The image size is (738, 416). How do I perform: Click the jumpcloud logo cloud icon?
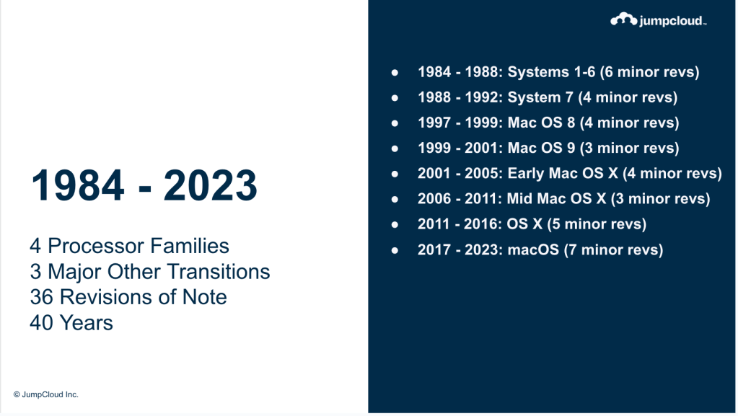[x=623, y=19]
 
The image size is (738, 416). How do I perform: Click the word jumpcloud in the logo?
[x=672, y=21]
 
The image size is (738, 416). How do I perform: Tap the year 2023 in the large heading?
[x=211, y=185]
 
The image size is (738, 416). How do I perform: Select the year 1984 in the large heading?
[x=78, y=185]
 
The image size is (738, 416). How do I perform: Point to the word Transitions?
[x=219, y=272]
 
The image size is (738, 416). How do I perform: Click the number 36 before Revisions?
[x=41, y=297]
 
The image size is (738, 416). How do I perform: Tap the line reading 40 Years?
[x=71, y=323]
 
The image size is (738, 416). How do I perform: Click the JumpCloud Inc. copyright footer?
[x=45, y=394]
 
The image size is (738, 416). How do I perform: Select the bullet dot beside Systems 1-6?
[x=395, y=73]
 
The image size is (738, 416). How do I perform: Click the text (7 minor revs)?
[x=613, y=250]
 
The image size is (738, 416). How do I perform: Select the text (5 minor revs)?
[x=597, y=224]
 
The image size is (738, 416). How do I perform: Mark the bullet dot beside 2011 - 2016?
[x=395, y=224]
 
